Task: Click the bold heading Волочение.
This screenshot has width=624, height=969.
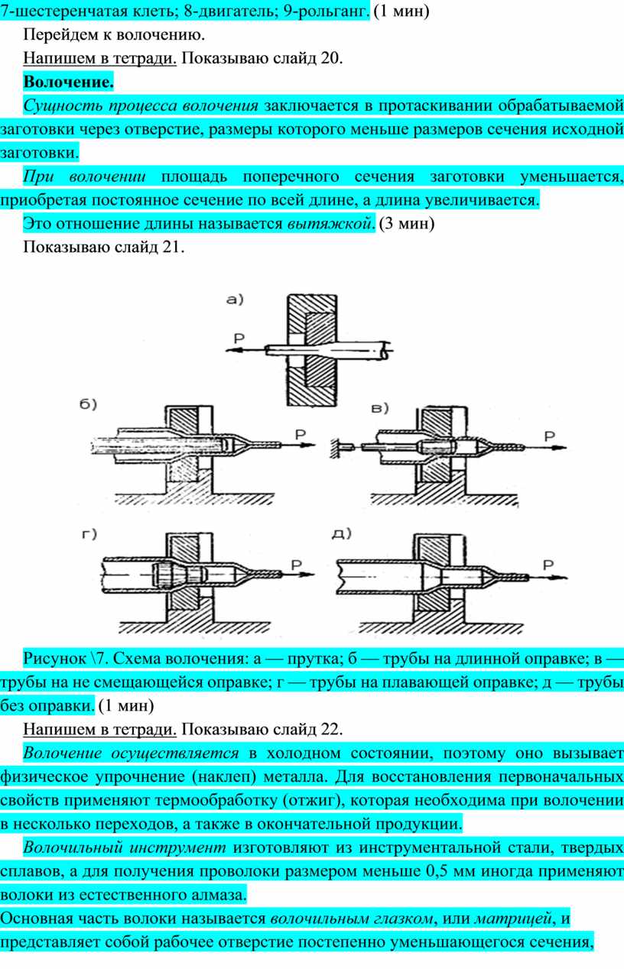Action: tap(68, 81)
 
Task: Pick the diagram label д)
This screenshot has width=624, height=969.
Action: tap(342, 534)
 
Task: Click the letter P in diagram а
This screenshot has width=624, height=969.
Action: tap(239, 338)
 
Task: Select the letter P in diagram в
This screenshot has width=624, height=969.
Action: tap(548, 436)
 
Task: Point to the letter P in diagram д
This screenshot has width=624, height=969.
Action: tap(548, 564)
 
